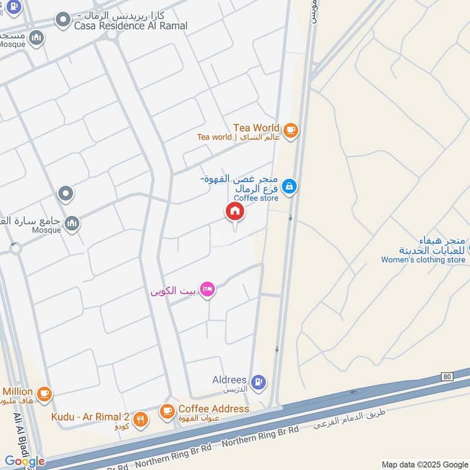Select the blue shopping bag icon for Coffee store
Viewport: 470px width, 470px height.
click(288, 187)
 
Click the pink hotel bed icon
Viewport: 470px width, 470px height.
click(207, 289)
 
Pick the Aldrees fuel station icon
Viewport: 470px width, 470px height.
click(258, 383)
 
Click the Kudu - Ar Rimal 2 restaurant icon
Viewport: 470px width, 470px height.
click(140, 419)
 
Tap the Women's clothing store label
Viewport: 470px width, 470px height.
click(423, 260)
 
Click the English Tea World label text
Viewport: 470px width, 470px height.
click(256, 127)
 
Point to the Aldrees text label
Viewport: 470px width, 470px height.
click(229, 380)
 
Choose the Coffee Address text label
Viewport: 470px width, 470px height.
click(214, 408)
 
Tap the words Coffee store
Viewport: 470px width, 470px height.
click(256, 199)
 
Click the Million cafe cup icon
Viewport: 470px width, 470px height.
click(44, 392)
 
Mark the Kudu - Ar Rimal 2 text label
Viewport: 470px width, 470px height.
click(90, 417)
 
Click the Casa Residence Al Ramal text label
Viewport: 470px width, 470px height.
click(131, 25)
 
